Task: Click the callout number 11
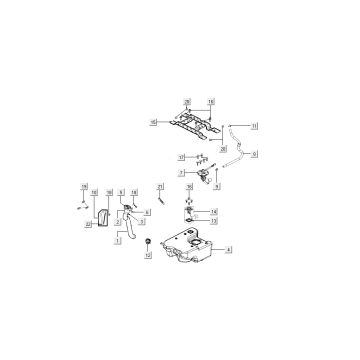pyautogui.click(x=255, y=125)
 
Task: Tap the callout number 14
pyautogui.click(x=213, y=213)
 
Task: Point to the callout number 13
pyautogui.click(x=213, y=222)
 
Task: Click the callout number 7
pyautogui.click(x=182, y=172)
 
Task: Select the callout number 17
pyautogui.click(x=181, y=158)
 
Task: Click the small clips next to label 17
pyautogui.click(x=197, y=158)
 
